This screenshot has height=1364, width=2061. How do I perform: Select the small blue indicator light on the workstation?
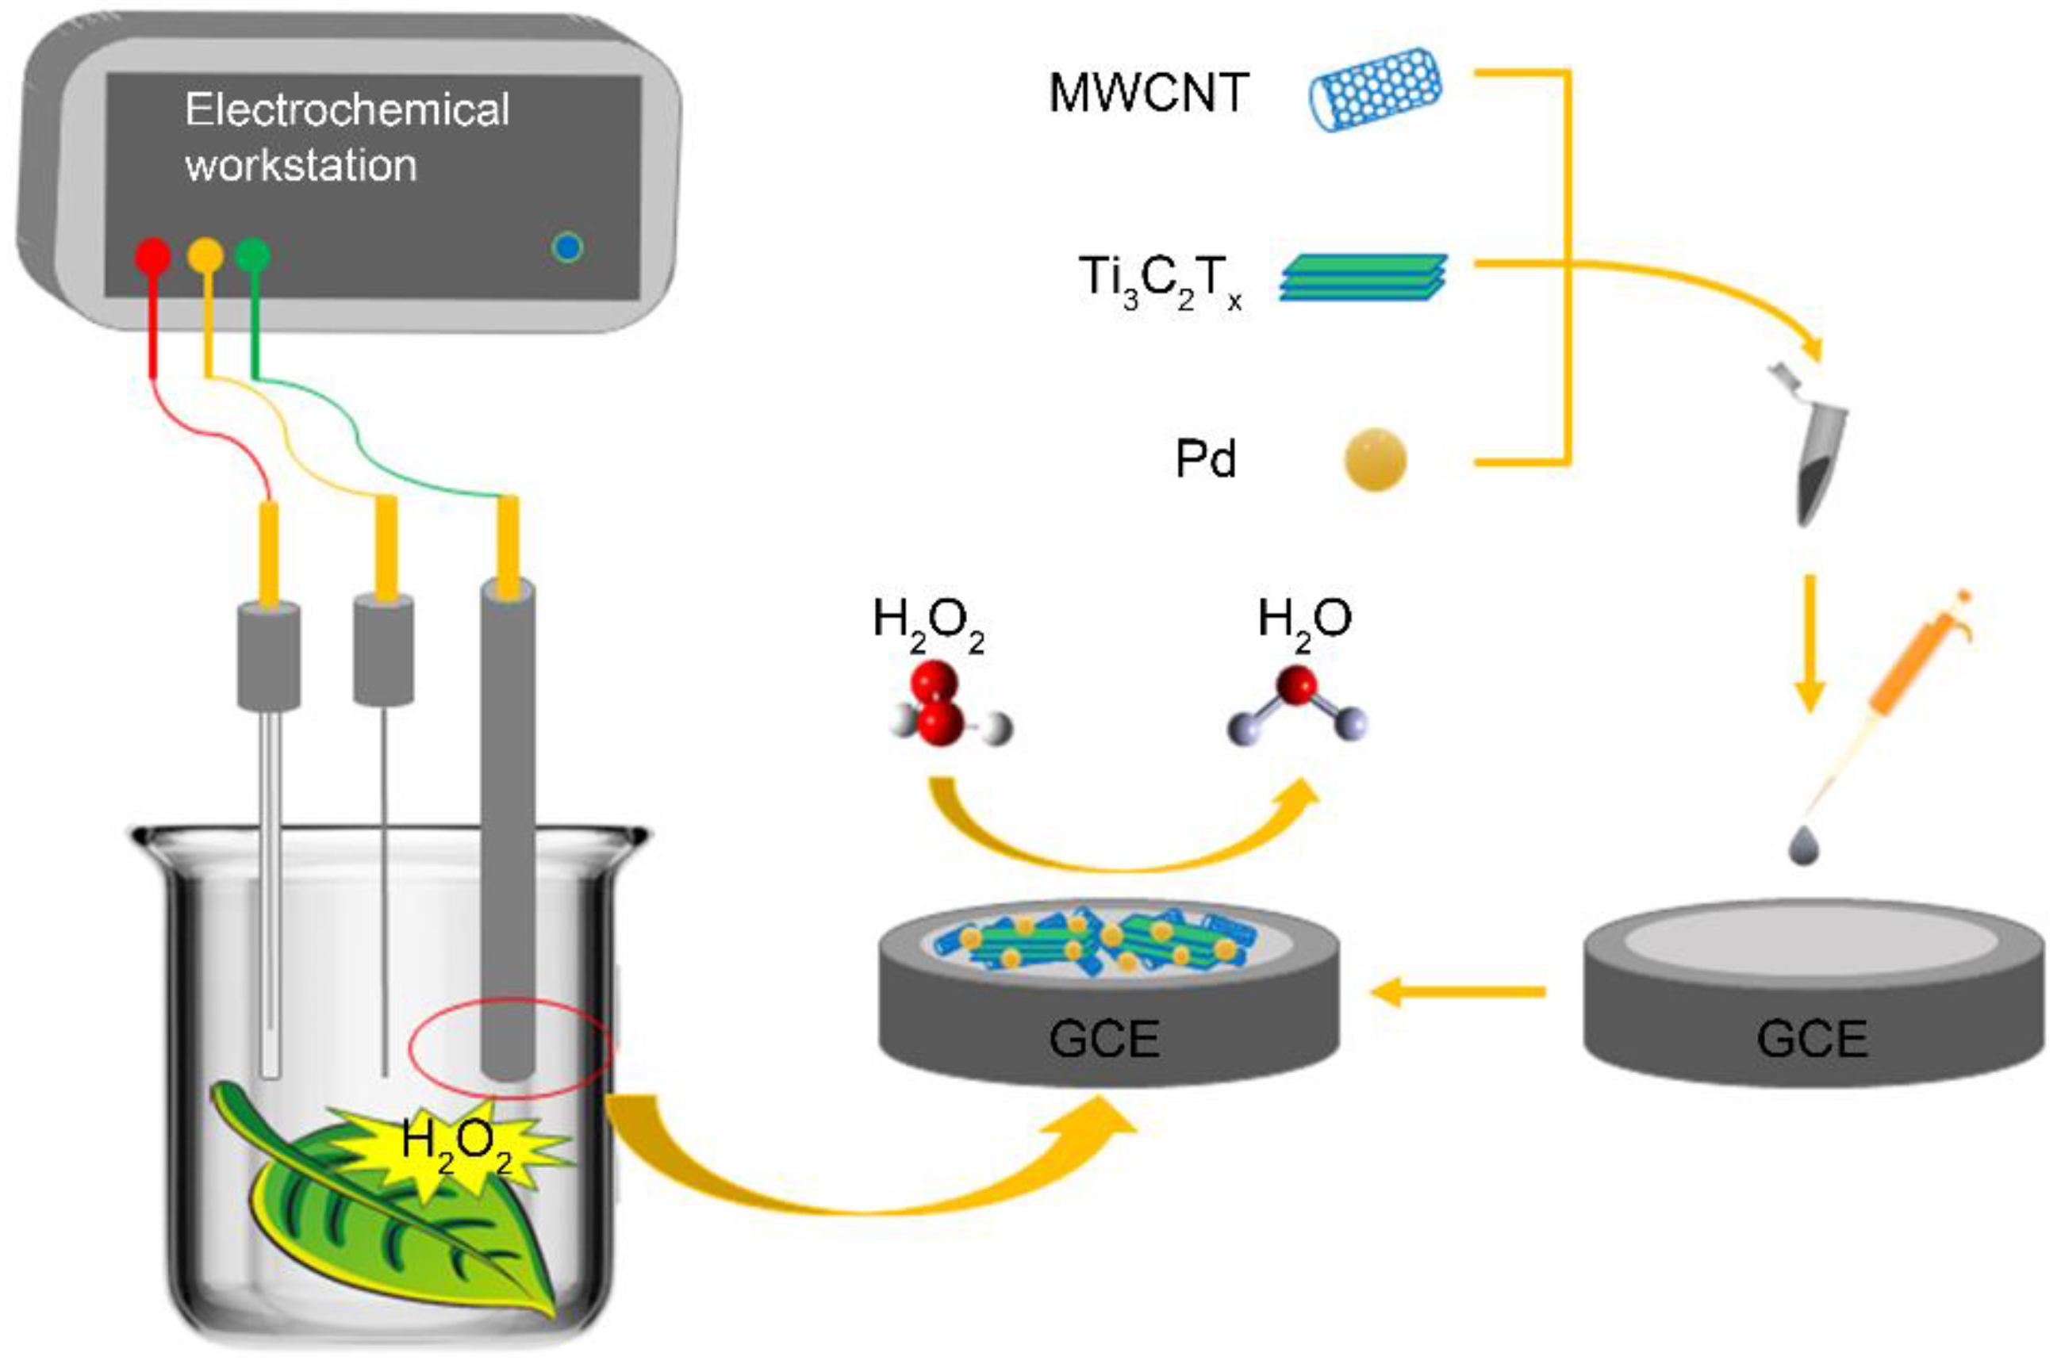click(567, 248)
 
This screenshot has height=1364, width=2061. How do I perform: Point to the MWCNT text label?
click(1149, 93)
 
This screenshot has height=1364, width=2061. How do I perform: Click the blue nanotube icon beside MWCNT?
click(1376, 90)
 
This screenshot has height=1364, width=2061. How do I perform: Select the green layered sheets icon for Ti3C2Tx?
click(1363, 278)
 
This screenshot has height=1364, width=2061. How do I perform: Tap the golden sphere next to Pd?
click(1375, 459)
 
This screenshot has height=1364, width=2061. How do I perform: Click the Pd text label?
click(1206, 459)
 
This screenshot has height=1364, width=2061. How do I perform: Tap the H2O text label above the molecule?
click(1304, 620)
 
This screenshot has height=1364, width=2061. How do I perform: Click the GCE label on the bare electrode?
click(1812, 1038)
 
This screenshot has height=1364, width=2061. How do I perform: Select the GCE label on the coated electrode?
click(1104, 1038)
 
